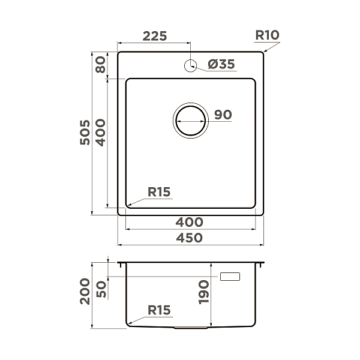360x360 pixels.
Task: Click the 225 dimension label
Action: pos(155,36)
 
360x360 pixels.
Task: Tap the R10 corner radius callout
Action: pos(267,35)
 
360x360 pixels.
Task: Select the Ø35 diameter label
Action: pos(221,64)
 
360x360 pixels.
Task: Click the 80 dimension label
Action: pos(101,65)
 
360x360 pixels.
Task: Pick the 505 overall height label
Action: pos(85,132)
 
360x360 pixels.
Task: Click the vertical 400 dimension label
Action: pos(101,133)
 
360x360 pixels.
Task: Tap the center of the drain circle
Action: pos(191,121)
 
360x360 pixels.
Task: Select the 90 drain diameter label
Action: pos(223,115)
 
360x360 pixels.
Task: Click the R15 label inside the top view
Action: pos(159,192)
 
